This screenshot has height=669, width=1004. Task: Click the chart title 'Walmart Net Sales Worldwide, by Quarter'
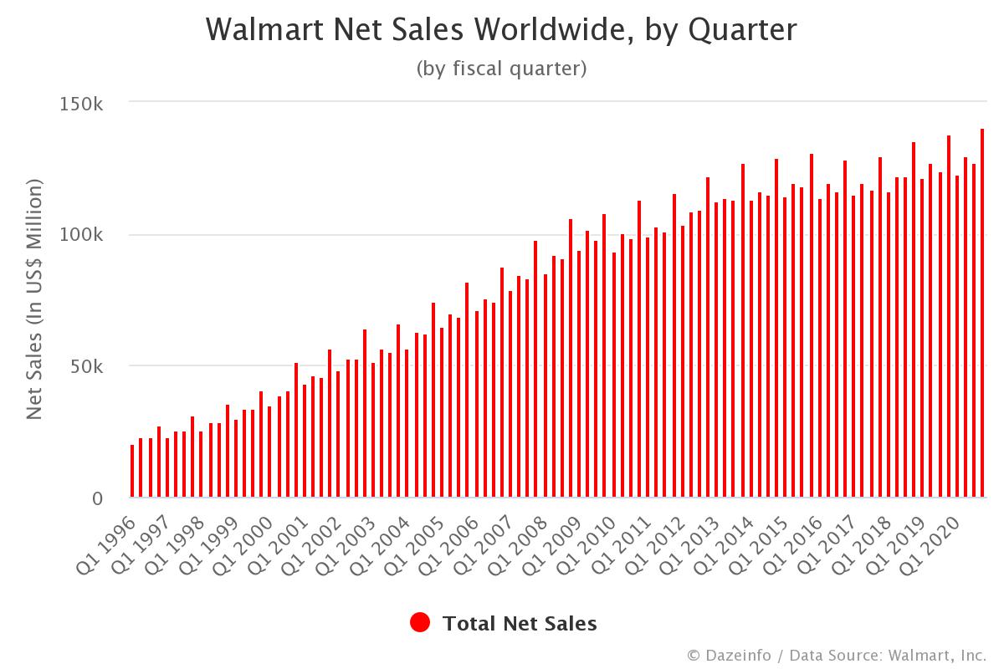click(x=501, y=30)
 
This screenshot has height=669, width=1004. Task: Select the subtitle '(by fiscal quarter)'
click(x=501, y=69)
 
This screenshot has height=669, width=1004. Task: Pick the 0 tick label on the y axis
click(x=97, y=498)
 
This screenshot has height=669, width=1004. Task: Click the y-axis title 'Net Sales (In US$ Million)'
click(x=34, y=300)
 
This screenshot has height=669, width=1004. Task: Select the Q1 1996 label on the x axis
click(x=105, y=544)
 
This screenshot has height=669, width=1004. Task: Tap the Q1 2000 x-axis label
click(x=241, y=544)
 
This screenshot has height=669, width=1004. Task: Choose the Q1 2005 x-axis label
click(x=412, y=544)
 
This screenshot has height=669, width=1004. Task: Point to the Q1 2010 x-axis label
click(x=584, y=544)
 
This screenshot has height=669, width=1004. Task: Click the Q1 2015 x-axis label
click(x=755, y=544)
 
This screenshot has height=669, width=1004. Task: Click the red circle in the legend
click(x=420, y=623)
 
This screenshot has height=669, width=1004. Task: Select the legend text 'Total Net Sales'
click(x=520, y=623)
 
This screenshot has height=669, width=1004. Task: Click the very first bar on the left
click(x=132, y=472)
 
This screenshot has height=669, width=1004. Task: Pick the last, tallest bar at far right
click(x=982, y=314)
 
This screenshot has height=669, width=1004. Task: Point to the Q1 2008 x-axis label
click(x=515, y=544)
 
